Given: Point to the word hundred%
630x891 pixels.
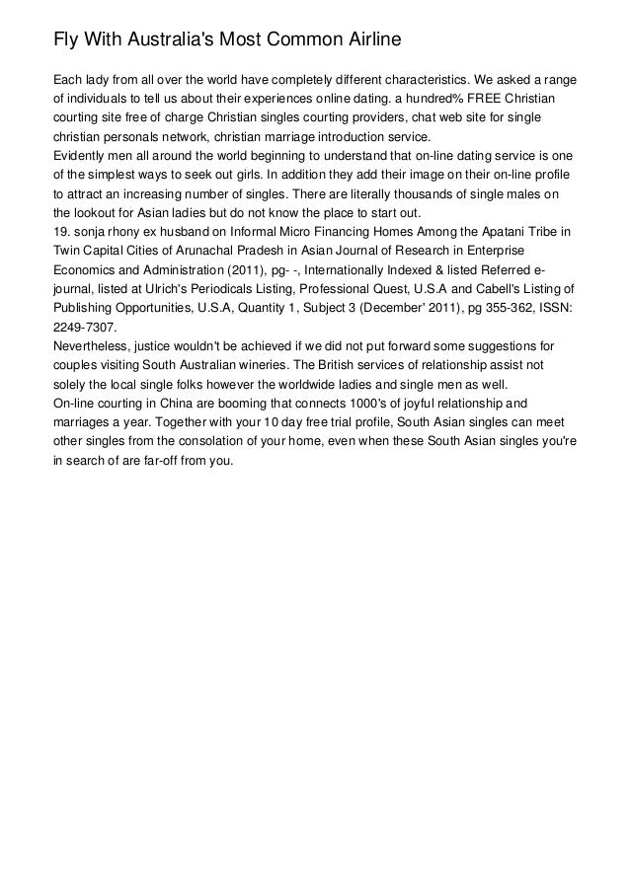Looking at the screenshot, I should [x=443, y=99].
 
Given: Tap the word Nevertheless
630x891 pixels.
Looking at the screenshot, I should [x=96, y=346].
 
